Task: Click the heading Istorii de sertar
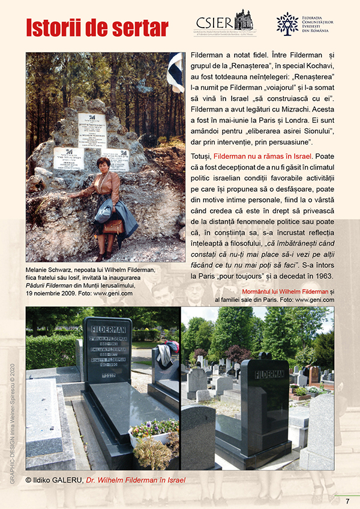click(x=97, y=26)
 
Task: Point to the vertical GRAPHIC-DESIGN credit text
click(x=11, y=414)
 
